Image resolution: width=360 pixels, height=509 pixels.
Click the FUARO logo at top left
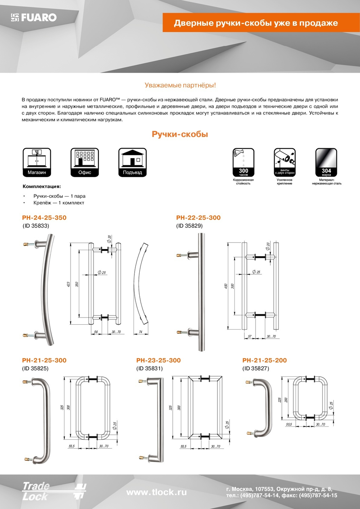tap(34, 17)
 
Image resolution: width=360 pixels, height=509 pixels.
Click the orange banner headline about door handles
tap(256, 23)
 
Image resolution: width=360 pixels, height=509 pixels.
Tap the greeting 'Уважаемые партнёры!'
tap(180, 85)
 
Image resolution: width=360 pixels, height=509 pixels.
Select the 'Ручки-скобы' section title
tap(180, 134)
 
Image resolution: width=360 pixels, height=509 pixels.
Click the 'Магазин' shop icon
tap(37, 162)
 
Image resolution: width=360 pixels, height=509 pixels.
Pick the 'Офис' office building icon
tap(85, 162)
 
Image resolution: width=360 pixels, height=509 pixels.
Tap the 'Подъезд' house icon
tap(132, 162)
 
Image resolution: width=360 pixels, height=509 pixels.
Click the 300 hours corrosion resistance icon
tap(243, 162)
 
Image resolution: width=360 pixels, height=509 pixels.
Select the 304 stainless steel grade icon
tap(326, 162)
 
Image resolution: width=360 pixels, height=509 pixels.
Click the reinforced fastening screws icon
tap(284, 162)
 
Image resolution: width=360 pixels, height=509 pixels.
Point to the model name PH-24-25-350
tap(44, 218)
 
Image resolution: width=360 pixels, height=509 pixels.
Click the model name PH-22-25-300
tap(198, 218)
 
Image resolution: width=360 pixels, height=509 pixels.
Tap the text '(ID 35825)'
tap(35, 368)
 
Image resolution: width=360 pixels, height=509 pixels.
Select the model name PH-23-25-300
tap(158, 360)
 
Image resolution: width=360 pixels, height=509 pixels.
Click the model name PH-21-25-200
tap(265, 360)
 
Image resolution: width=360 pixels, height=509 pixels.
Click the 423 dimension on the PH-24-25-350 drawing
tap(68, 284)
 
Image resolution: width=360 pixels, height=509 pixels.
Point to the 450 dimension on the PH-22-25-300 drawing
tap(226, 286)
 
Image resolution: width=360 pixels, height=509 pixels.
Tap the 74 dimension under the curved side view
tap(141, 332)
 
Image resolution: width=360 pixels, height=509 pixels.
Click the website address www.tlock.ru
tap(157, 492)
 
